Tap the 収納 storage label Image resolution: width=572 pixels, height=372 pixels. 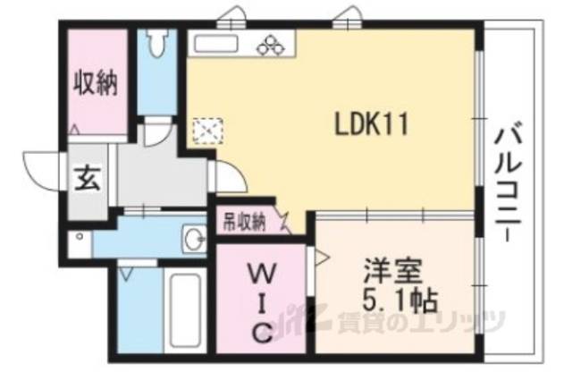tap(96, 85)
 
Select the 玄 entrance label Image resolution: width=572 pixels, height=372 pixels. tap(87, 178)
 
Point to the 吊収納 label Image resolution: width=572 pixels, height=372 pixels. tap(243, 218)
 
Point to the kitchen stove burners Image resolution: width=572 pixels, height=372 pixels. tap(269, 42)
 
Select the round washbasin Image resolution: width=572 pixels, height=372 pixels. tap(195, 239)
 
